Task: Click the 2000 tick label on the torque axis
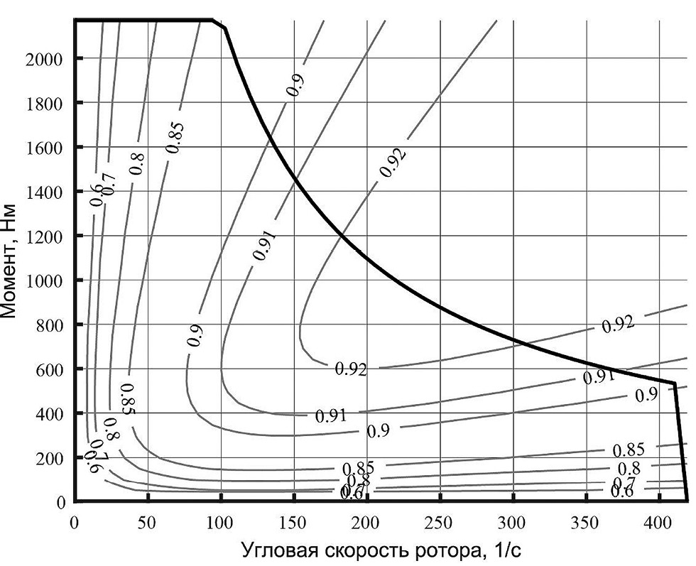(43, 59)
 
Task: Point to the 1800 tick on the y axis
(43, 104)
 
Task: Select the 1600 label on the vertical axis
(43, 148)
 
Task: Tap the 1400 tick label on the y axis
(43, 192)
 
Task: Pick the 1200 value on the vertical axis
(43, 236)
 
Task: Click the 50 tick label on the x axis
(147, 522)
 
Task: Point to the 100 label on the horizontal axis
(220, 522)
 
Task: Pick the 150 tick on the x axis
(293, 522)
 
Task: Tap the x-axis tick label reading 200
(366, 522)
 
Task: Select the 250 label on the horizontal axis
(439, 522)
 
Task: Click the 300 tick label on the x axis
(512, 522)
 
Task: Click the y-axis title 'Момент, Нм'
(12, 259)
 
